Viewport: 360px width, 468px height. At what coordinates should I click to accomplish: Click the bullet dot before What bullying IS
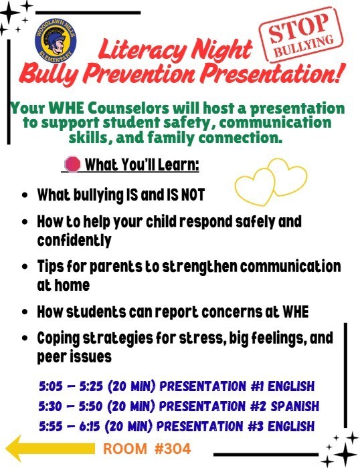click(25, 196)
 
